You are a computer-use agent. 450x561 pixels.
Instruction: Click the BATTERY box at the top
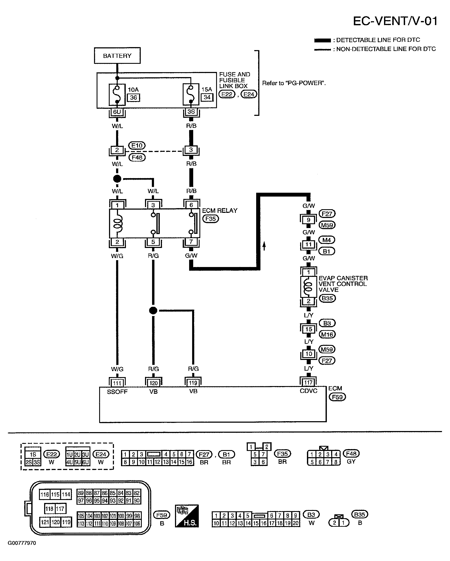tap(117, 55)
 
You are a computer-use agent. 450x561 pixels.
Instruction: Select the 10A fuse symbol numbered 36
tap(117, 94)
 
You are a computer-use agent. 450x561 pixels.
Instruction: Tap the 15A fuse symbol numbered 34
tap(191, 94)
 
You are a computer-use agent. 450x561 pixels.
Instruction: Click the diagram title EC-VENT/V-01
tap(395, 21)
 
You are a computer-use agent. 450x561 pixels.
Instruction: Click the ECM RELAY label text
tap(220, 210)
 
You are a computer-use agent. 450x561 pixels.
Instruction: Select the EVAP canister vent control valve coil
tap(308, 286)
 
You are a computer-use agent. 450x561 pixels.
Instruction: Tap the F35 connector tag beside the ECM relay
tap(211, 219)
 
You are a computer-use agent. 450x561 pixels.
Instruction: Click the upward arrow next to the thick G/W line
tap(264, 246)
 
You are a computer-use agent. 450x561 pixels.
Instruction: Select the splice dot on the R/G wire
tap(153, 310)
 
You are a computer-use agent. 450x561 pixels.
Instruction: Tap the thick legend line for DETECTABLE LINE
tap(323, 40)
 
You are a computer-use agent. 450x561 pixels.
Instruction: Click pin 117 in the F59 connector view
tap(60, 509)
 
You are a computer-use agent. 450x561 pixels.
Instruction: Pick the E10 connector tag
tap(137, 145)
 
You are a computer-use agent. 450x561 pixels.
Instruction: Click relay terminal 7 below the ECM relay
tap(191, 242)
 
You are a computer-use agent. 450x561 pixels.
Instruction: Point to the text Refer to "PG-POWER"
tap(294, 83)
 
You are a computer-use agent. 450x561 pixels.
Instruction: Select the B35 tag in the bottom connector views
tap(359, 514)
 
